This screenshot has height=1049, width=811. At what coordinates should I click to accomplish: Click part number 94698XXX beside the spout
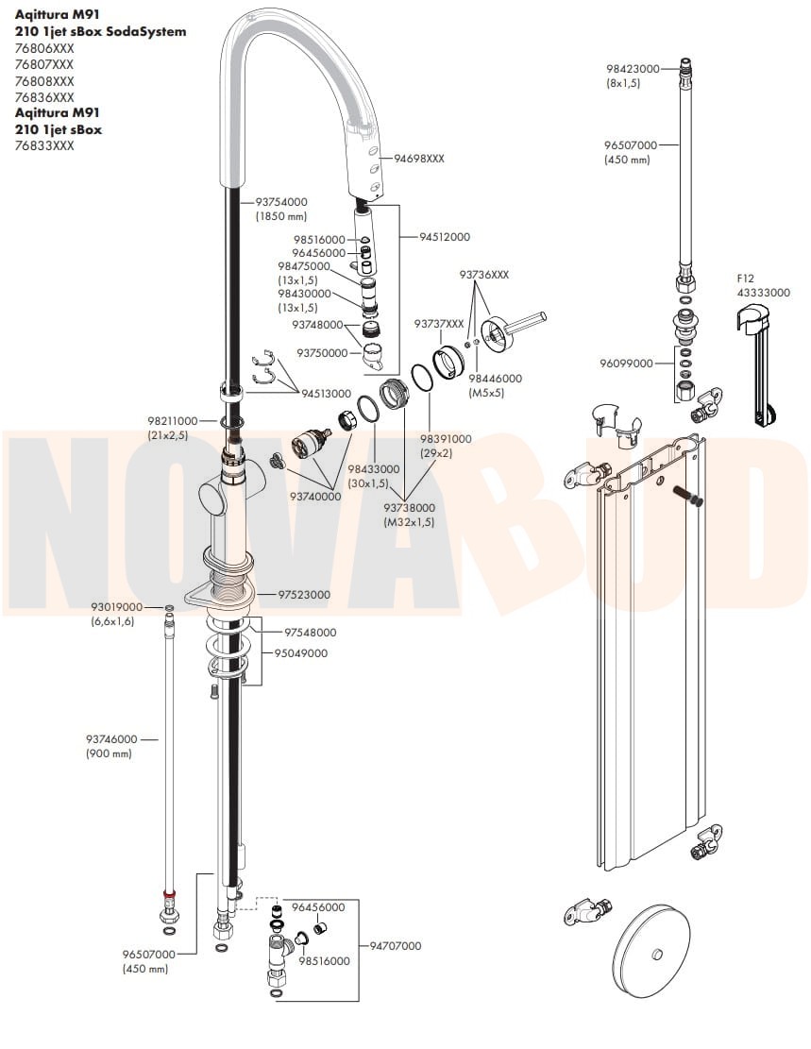pos(418,159)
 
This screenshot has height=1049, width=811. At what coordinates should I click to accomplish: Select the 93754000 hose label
pos(281,202)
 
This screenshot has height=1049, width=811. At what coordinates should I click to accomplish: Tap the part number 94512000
pos(445,237)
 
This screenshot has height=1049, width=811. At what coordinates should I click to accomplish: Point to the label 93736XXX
pos(483,274)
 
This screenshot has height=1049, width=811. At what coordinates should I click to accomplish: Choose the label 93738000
pos(409,507)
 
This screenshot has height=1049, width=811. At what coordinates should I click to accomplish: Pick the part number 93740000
pos(315,496)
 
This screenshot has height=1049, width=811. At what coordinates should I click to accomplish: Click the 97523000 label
pos(304,595)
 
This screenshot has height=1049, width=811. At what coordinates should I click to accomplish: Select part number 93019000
pos(116,607)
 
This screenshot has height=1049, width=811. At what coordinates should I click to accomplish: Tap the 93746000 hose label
pos(111,739)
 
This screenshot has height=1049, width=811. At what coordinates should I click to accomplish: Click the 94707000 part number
pos(396,945)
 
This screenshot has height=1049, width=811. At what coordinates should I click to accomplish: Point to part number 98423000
pos(633,69)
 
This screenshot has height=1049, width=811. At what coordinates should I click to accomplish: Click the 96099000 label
pos(626,363)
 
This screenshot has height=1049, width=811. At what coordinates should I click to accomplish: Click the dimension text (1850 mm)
pos(281,216)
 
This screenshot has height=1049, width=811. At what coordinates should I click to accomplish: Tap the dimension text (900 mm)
pos(109,753)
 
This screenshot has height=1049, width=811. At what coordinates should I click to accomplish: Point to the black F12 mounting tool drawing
pos(759,368)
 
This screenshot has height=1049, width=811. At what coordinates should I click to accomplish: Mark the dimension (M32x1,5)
pos(409,521)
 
